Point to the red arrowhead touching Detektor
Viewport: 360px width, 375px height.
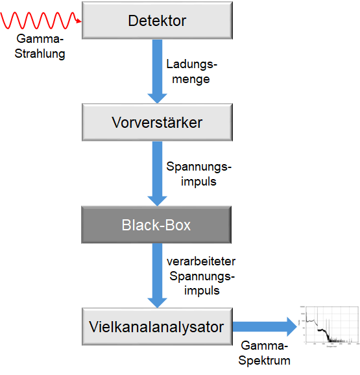tap(79, 22)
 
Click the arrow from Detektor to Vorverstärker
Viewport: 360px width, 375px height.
tap(156, 70)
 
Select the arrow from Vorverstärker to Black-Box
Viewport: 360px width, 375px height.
tap(156, 173)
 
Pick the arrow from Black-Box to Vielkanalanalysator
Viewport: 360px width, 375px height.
tap(156, 275)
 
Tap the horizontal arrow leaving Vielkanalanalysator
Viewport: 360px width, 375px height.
tap(263, 327)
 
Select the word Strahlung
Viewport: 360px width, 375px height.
tap(41, 54)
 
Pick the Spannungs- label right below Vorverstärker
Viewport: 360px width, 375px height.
tap(198, 167)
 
